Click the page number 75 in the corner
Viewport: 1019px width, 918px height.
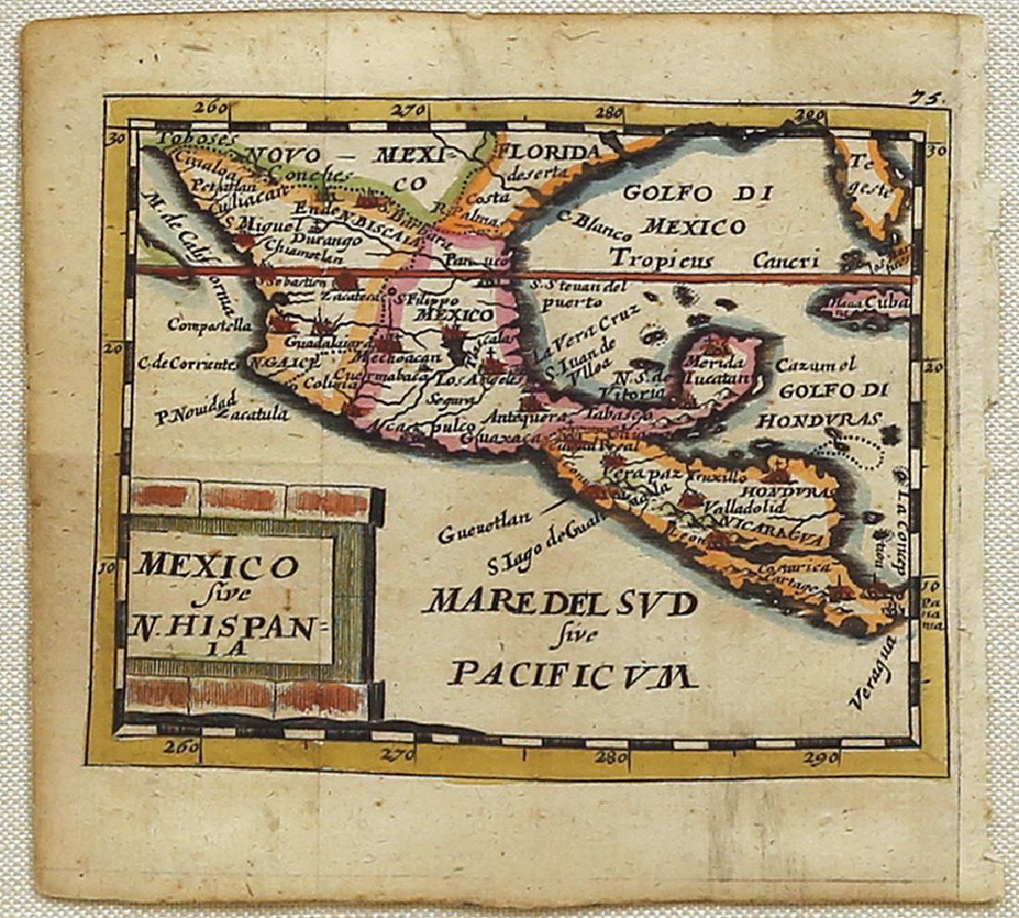pos(920,96)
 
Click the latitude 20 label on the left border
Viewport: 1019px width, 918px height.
pos(117,348)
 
